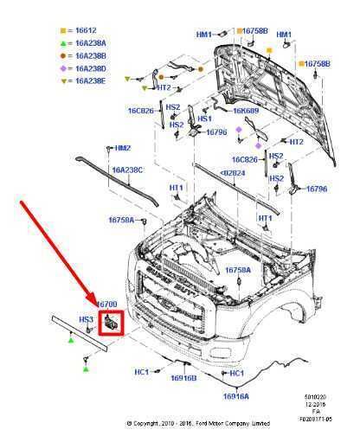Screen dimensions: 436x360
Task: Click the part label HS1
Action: click(x=205, y=118)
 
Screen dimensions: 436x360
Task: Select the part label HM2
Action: click(x=123, y=148)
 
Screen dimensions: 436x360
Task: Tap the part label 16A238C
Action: click(x=126, y=170)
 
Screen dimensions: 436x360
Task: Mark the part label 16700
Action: click(x=106, y=305)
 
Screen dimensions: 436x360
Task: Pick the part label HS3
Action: click(x=86, y=319)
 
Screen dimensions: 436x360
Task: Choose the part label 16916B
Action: click(x=183, y=378)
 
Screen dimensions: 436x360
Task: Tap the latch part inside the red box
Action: click(x=111, y=323)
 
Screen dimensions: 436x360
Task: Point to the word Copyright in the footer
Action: click(x=157, y=424)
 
